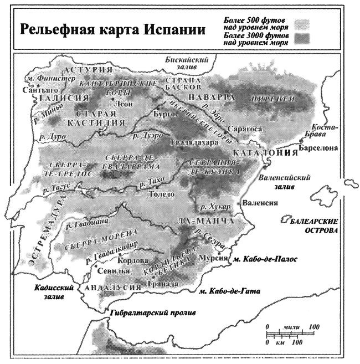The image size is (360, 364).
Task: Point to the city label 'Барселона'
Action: [x=317, y=148]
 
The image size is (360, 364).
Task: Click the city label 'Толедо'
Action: [x=163, y=194]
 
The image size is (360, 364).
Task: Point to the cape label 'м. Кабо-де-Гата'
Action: [x=230, y=291]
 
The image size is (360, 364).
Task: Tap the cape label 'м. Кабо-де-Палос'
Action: [x=265, y=259]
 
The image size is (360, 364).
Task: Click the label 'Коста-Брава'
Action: [x=325, y=130]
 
